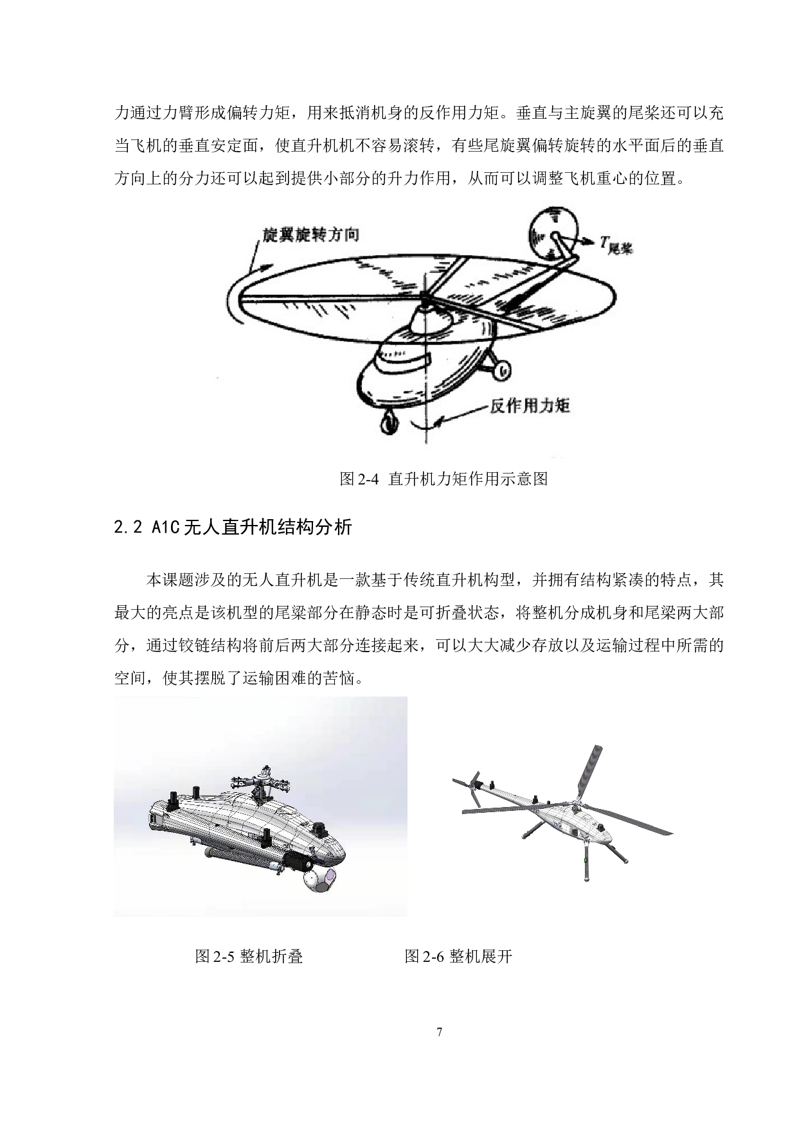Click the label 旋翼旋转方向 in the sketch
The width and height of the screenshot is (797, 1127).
[310, 235]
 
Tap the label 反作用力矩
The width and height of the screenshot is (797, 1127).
[530, 406]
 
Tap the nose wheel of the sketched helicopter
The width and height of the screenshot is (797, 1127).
[388, 425]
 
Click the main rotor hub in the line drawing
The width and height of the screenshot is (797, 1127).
[424, 297]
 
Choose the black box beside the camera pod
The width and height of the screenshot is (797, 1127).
[297, 862]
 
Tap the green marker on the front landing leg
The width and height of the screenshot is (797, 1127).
[584, 860]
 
